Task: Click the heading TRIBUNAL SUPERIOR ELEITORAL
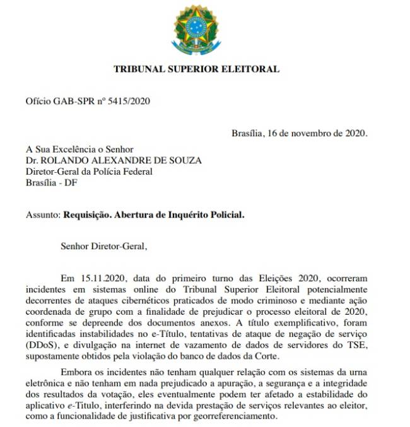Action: (x=196, y=69)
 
